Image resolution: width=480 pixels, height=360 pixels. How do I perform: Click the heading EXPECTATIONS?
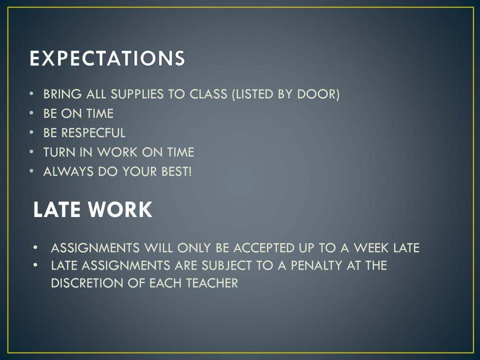click(107, 58)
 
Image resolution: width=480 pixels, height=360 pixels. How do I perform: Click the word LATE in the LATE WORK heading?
click(57, 210)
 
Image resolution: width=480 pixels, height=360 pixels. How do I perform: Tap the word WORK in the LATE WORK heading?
click(120, 210)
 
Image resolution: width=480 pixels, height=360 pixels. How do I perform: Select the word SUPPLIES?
click(137, 94)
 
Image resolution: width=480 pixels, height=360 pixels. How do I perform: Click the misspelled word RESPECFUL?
click(93, 133)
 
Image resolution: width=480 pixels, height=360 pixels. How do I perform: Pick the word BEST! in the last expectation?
click(177, 172)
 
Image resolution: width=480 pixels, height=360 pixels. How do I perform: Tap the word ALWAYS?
click(68, 172)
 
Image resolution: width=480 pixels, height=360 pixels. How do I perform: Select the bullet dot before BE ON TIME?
click(31, 113)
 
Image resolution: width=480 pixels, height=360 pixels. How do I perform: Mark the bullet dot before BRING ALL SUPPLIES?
click(31, 94)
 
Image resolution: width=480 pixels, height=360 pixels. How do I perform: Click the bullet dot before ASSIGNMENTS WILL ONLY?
click(36, 247)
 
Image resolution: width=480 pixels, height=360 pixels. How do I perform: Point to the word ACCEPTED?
click(264, 247)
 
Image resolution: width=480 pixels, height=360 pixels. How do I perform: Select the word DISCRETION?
click(87, 283)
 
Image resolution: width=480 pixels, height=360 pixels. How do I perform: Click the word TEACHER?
click(212, 283)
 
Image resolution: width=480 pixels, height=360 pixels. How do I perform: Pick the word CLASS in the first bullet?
click(209, 94)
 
